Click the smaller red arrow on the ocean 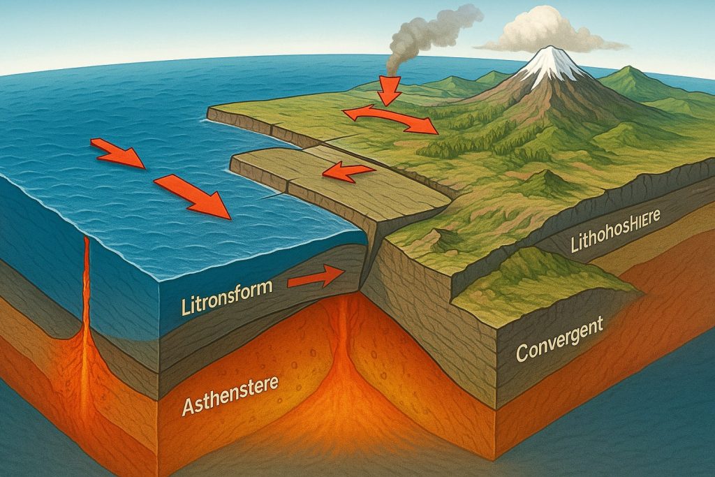click(x=117, y=154)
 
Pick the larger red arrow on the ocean click(x=193, y=196)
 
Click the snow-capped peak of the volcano click(x=552, y=65)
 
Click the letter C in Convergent click(x=522, y=353)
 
